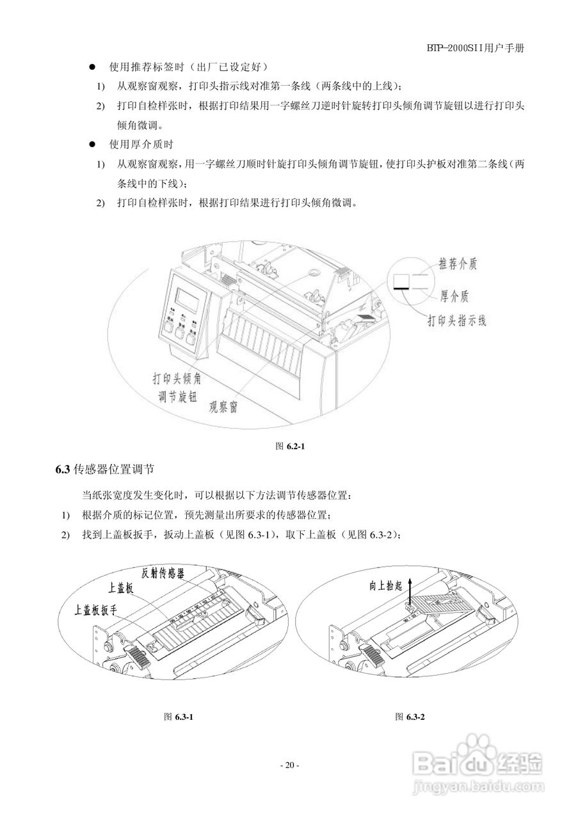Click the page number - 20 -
point(289,765)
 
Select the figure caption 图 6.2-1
point(289,447)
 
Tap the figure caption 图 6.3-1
point(179,717)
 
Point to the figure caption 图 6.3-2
point(410,717)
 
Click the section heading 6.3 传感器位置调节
point(105,470)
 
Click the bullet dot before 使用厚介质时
point(92,145)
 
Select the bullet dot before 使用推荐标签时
point(92,67)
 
